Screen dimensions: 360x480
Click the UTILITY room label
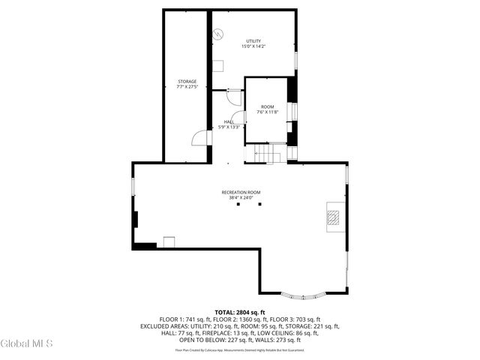[x=253, y=40]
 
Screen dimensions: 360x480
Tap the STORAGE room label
[x=187, y=81]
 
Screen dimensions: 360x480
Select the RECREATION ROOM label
[x=241, y=193]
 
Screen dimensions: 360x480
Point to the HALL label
[x=229, y=121]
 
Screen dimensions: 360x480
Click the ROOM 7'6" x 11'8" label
[x=266, y=106]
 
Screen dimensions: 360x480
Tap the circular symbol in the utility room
[x=217, y=34]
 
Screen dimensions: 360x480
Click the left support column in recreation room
[x=237, y=203]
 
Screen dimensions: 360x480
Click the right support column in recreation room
[x=259, y=203]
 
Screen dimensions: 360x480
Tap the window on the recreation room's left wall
[x=133, y=184]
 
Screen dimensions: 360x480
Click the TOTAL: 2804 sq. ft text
[x=240, y=312]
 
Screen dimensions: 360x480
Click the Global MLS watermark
[x=27, y=344]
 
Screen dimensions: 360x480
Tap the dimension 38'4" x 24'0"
[x=241, y=198]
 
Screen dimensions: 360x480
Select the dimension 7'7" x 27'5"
[x=187, y=87]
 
